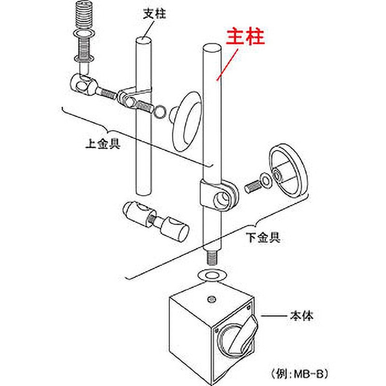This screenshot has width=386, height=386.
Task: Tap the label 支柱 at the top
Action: (154, 14)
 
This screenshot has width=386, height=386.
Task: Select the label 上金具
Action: (102, 143)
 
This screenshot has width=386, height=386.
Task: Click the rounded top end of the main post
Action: (211, 48)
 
